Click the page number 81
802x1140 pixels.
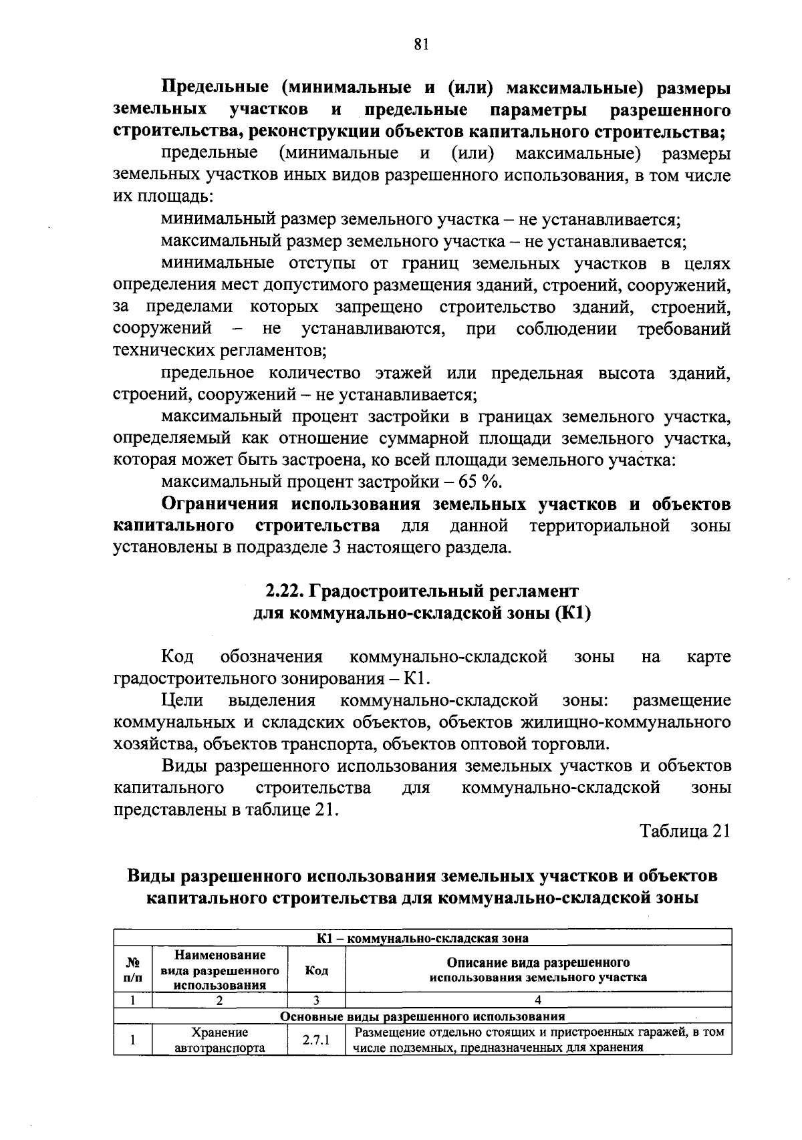point(420,44)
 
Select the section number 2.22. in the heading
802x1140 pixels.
point(285,591)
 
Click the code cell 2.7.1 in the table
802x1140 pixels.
point(316,1040)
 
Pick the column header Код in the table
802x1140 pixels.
point(316,970)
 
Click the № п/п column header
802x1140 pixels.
point(133,970)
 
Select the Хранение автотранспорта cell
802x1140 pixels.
point(219,1040)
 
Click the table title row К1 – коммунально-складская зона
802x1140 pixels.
point(422,938)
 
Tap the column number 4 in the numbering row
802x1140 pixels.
point(538,1000)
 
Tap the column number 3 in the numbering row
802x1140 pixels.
point(316,1000)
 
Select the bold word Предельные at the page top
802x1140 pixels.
point(216,88)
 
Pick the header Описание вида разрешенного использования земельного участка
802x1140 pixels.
point(538,970)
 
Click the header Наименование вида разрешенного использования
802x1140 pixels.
point(219,970)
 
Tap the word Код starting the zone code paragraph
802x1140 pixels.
point(177,657)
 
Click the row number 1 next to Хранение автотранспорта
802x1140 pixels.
point(133,1040)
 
